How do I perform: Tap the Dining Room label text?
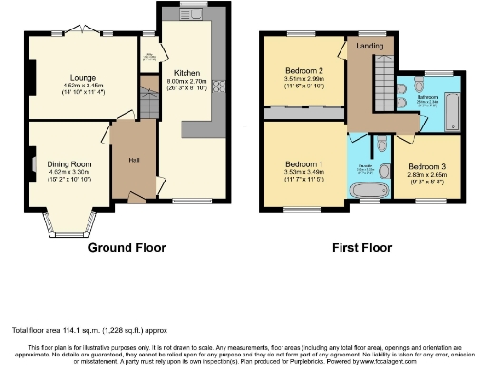(x=69, y=163)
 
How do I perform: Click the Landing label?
(x=370, y=45)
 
